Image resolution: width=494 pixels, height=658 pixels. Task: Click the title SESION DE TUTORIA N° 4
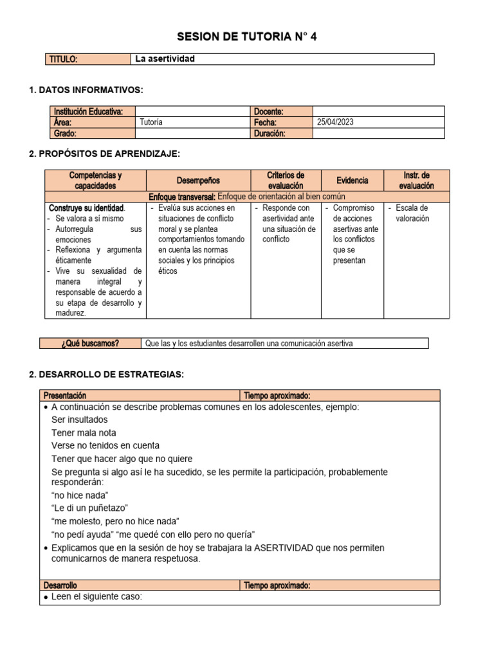[247, 37]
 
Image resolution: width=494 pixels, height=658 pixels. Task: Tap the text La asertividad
[165, 59]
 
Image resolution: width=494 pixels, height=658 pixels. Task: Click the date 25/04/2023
[336, 122]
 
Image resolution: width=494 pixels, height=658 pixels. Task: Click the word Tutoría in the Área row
[151, 122]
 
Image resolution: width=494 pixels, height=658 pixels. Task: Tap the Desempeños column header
[198, 181]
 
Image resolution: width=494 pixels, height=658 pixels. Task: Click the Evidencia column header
[352, 181]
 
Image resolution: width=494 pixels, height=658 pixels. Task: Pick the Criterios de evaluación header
[286, 181]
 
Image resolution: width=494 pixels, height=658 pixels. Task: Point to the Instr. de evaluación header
[417, 181]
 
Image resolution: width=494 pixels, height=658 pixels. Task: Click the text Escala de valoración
[412, 213]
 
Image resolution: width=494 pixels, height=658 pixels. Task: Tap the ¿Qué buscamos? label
[91, 343]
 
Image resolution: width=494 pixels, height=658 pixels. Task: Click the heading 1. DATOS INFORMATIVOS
[86, 89]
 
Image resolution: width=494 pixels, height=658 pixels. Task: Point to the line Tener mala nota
[84, 432]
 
